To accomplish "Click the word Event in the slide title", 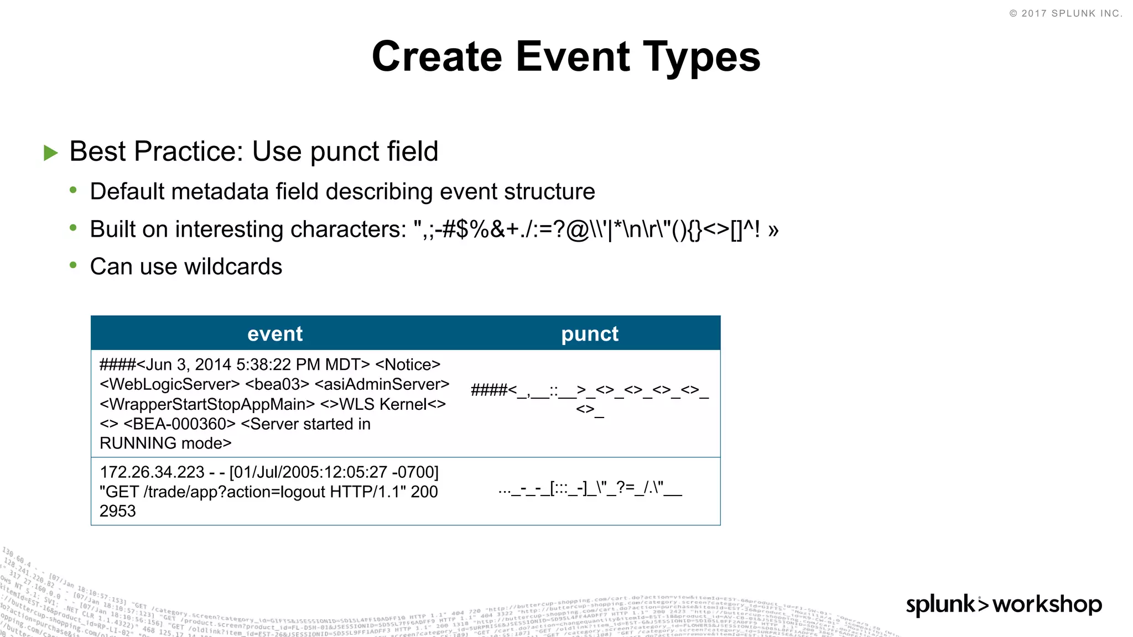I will tap(573, 56).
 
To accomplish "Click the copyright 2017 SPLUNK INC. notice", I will tap(1066, 13).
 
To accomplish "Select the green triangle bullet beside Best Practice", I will tap(51, 153).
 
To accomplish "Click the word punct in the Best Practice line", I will tap(344, 152).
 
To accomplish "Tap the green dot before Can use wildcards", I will tap(73, 265).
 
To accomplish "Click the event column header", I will tap(275, 333).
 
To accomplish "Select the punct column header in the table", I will tap(590, 333).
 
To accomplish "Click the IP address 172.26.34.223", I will tap(152, 472).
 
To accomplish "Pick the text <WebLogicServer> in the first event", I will tap(170, 384).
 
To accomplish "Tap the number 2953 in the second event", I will tap(118, 511).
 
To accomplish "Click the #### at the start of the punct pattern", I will tap(488, 390).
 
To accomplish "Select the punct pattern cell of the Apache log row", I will tap(590, 489).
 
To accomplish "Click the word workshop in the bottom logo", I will tap(1047, 604).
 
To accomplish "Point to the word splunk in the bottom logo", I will tap(940, 604).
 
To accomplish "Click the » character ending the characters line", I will tap(773, 229).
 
